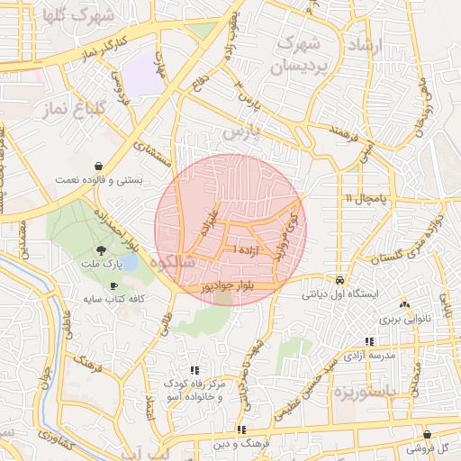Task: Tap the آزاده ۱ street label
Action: click(250, 247)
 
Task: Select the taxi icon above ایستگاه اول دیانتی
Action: click(339, 280)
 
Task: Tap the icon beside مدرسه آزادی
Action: click(368, 341)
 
